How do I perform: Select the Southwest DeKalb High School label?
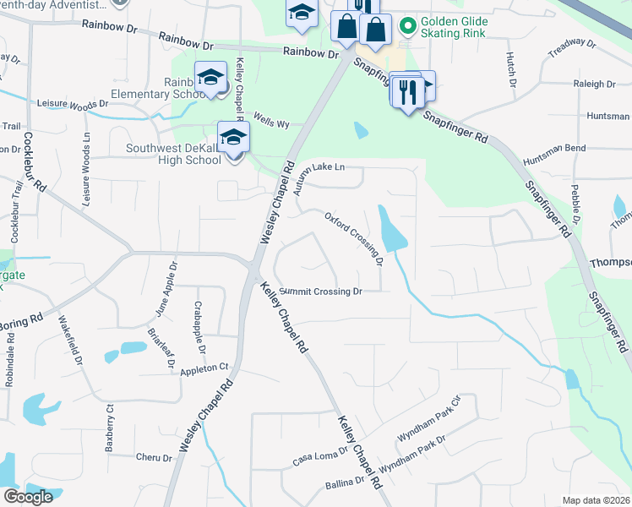pyautogui.click(x=173, y=154)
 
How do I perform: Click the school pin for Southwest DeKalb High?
pyautogui.click(x=233, y=137)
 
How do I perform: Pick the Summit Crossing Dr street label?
pyautogui.click(x=320, y=291)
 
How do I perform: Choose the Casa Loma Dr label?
pyautogui.click(x=320, y=457)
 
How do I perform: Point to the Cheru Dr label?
pyautogui.click(x=154, y=457)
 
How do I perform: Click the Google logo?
pyautogui.click(x=28, y=496)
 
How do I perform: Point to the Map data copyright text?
pyautogui.click(x=597, y=500)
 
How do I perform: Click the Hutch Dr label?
pyautogui.click(x=511, y=69)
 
